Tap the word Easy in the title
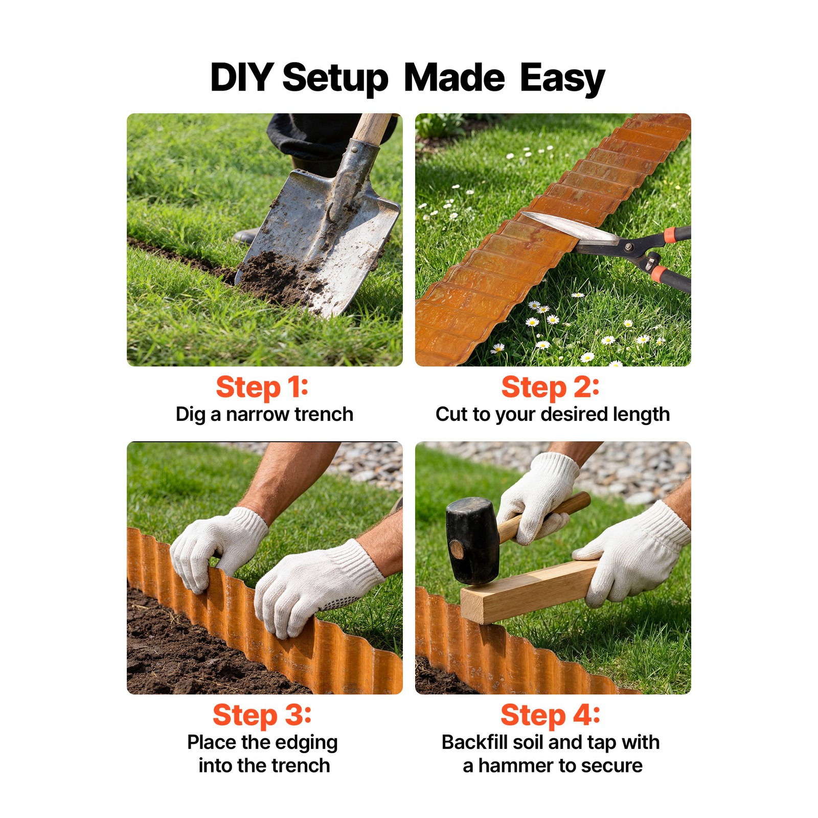(x=562, y=79)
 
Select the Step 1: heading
(x=262, y=387)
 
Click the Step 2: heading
(x=550, y=387)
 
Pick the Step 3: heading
(x=262, y=715)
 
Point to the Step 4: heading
(x=550, y=715)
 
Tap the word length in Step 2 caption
(x=641, y=415)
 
